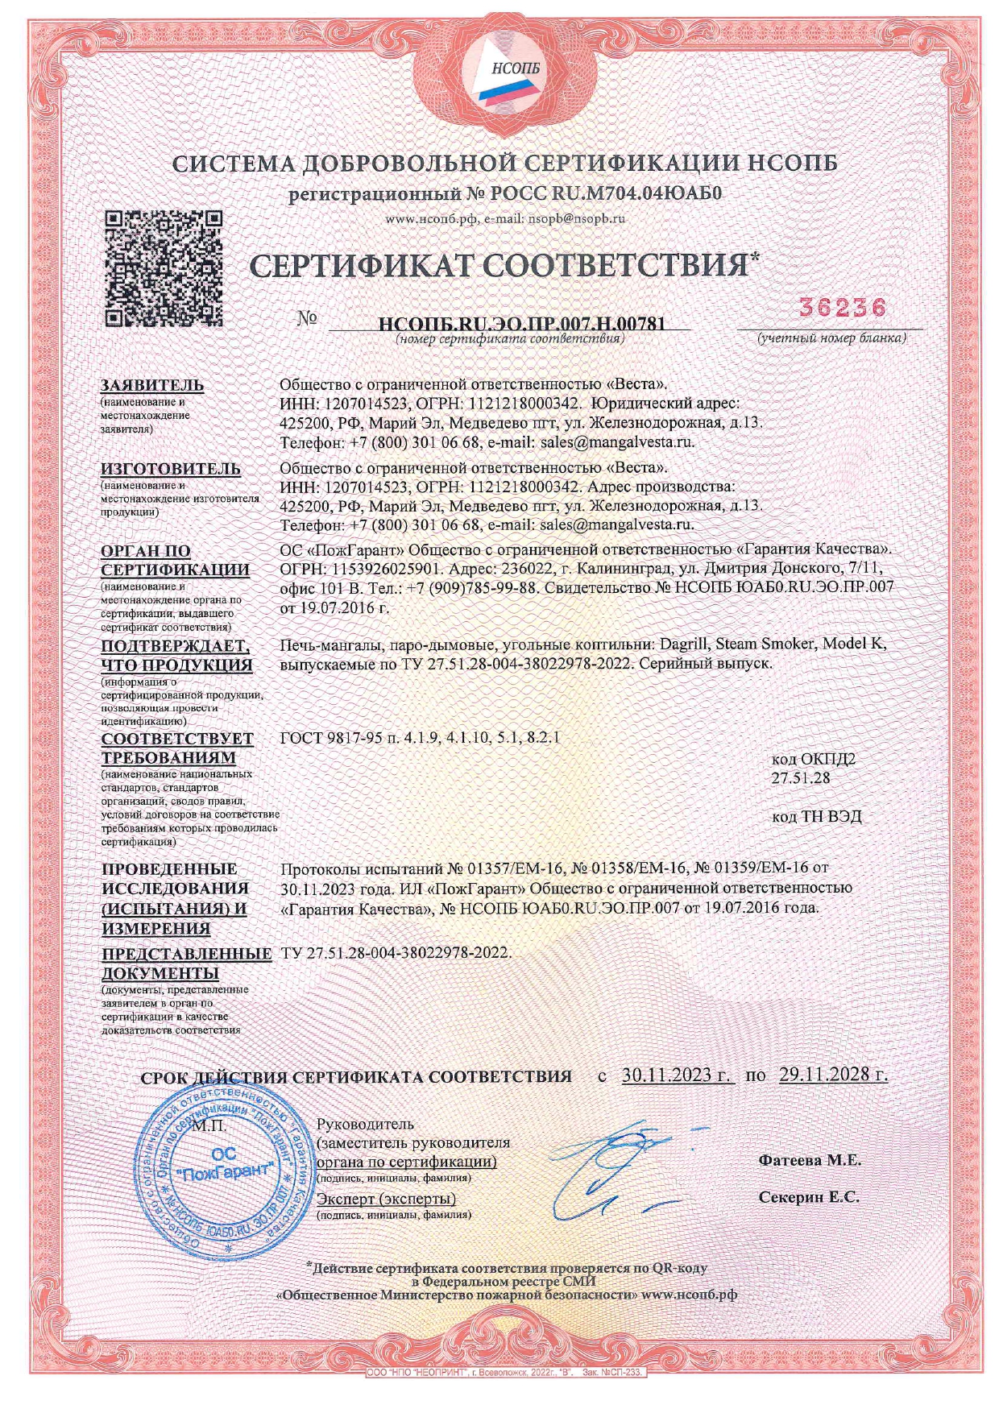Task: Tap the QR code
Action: point(164,268)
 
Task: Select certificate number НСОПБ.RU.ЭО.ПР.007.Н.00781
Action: point(521,324)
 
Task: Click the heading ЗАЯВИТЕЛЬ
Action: point(152,385)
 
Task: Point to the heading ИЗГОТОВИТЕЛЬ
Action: point(170,468)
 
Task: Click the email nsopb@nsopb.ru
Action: point(577,218)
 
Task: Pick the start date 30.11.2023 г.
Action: point(678,1075)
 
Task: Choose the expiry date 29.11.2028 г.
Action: point(833,1075)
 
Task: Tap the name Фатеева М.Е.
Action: point(810,1161)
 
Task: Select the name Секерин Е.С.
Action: point(809,1197)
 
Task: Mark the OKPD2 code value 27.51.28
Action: point(801,778)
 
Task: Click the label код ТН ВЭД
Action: point(816,817)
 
